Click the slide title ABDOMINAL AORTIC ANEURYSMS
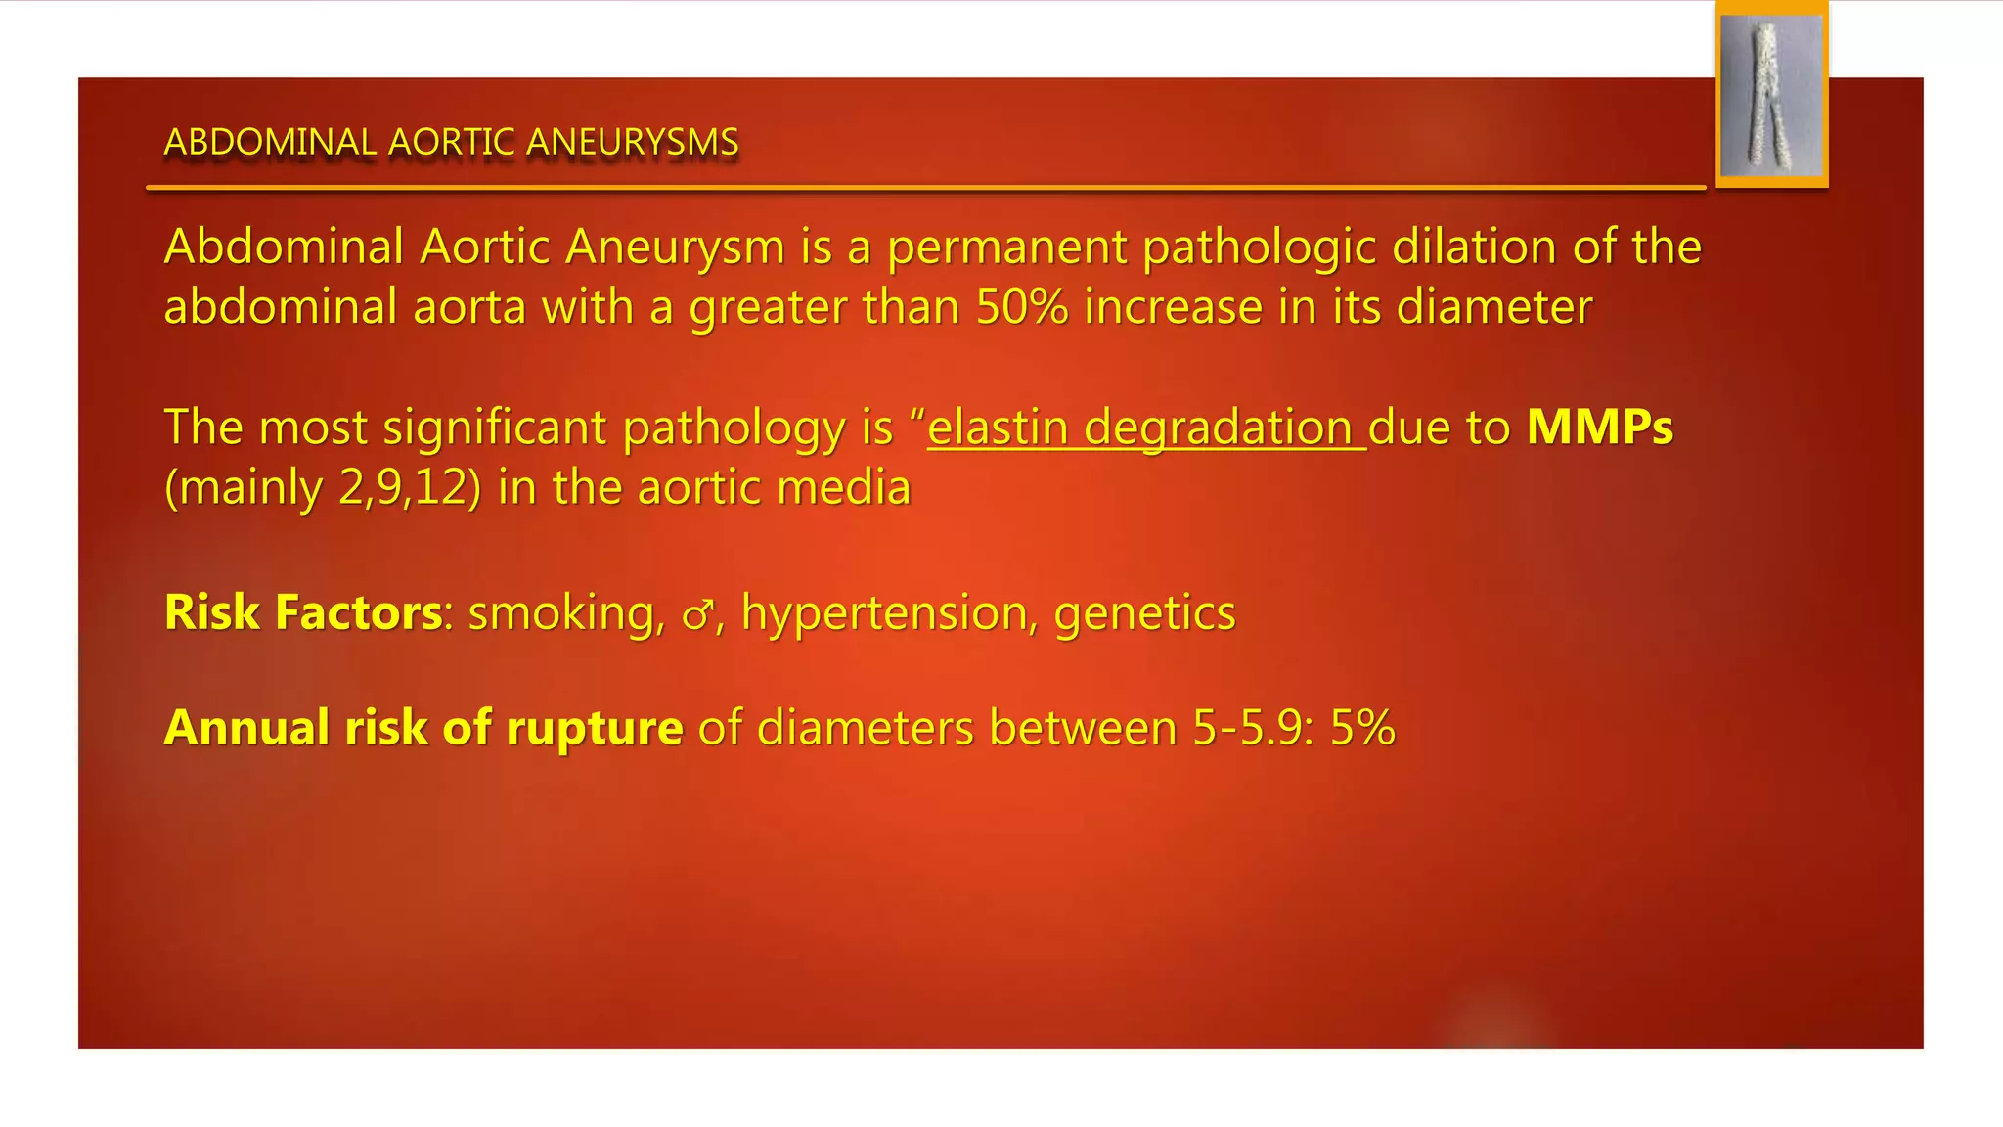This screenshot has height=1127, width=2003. pyautogui.click(x=451, y=142)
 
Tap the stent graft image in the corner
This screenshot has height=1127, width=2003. pyautogui.click(x=1771, y=96)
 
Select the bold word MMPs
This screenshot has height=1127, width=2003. pyautogui.click(x=1599, y=428)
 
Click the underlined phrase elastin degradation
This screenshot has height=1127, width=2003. pyautogui.click(x=1145, y=428)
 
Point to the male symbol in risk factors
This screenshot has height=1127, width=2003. pyautogui.click(x=697, y=615)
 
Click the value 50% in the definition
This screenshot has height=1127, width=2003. pyautogui.click(x=1022, y=307)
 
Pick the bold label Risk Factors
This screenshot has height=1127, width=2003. pyautogui.click(x=303, y=613)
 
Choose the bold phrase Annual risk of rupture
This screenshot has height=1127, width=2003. pyautogui.click(x=423, y=728)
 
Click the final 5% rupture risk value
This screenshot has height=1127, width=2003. pyautogui.click(x=1362, y=728)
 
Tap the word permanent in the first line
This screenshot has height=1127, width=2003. pyautogui.click(x=1006, y=248)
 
